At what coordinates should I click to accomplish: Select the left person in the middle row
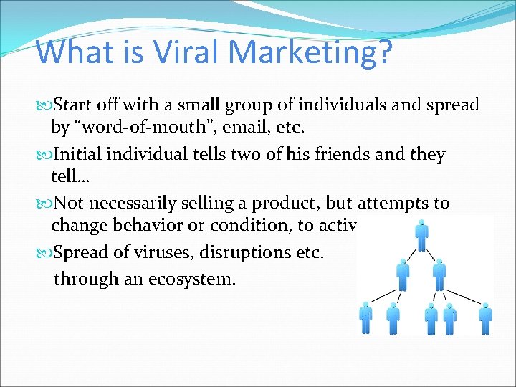[x=403, y=273]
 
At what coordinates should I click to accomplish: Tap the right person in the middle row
[x=440, y=273]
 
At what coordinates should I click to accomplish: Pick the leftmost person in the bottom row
[x=366, y=317]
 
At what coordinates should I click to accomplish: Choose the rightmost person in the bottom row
[x=485, y=317]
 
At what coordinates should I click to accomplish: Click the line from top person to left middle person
[x=413, y=254]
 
